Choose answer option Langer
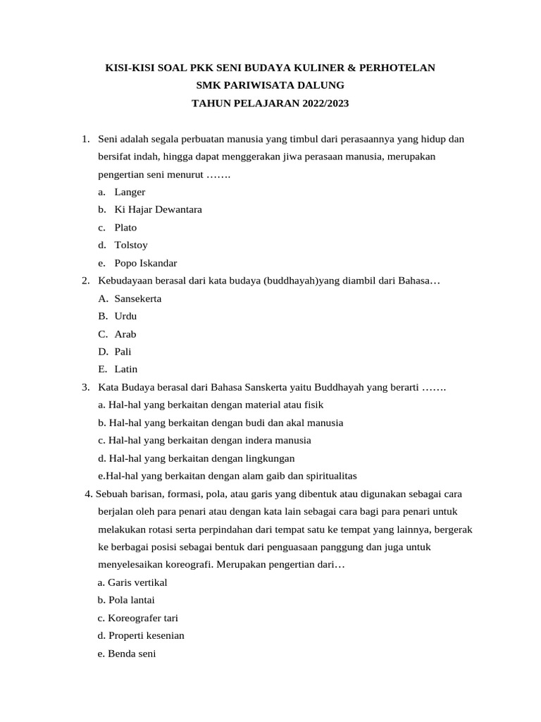pyautogui.click(x=130, y=192)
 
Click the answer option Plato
pyautogui.click(x=125, y=228)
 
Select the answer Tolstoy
pyautogui.click(x=131, y=245)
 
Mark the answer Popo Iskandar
pyautogui.click(x=146, y=263)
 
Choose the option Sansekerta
pyautogui.click(x=138, y=298)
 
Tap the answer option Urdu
pyautogui.click(x=125, y=316)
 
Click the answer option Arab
pyautogui.click(x=125, y=334)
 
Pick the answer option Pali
pyautogui.click(x=123, y=351)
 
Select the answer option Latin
pyautogui.click(x=126, y=369)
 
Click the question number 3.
pyautogui.click(x=85, y=387)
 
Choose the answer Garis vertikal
pyautogui.click(x=137, y=582)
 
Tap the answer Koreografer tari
pyautogui.click(x=143, y=618)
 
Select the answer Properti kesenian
pyautogui.click(x=146, y=635)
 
